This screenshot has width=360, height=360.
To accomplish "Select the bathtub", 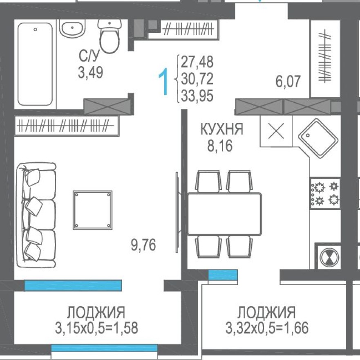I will (x=36, y=63).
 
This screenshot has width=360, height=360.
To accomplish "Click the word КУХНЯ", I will (x=221, y=130).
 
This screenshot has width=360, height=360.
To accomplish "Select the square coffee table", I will (x=93, y=210).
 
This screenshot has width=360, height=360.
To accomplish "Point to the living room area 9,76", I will (x=144, y=246).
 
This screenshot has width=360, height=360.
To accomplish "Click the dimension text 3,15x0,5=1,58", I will (x=96, y=328).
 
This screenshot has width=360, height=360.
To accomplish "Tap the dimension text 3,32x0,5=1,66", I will (x=267, y=328).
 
